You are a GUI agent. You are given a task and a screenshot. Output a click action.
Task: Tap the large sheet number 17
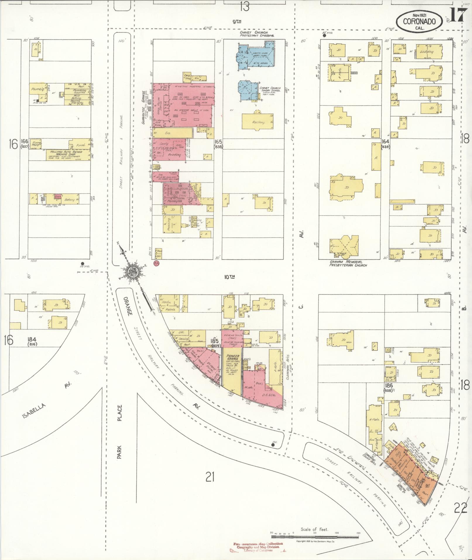tap(456, 15)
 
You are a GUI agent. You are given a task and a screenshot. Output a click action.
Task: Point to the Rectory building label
tap(258, 122)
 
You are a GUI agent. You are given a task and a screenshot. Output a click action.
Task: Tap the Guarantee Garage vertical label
tap(143, 107)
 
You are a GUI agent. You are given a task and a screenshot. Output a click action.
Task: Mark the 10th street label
tap(230, 276)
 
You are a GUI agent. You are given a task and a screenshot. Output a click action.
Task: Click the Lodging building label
tap(426, 52)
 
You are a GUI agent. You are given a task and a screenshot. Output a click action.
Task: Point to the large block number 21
tap(210, 478)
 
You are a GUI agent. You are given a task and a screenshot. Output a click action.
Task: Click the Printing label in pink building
tap(174, 155)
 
